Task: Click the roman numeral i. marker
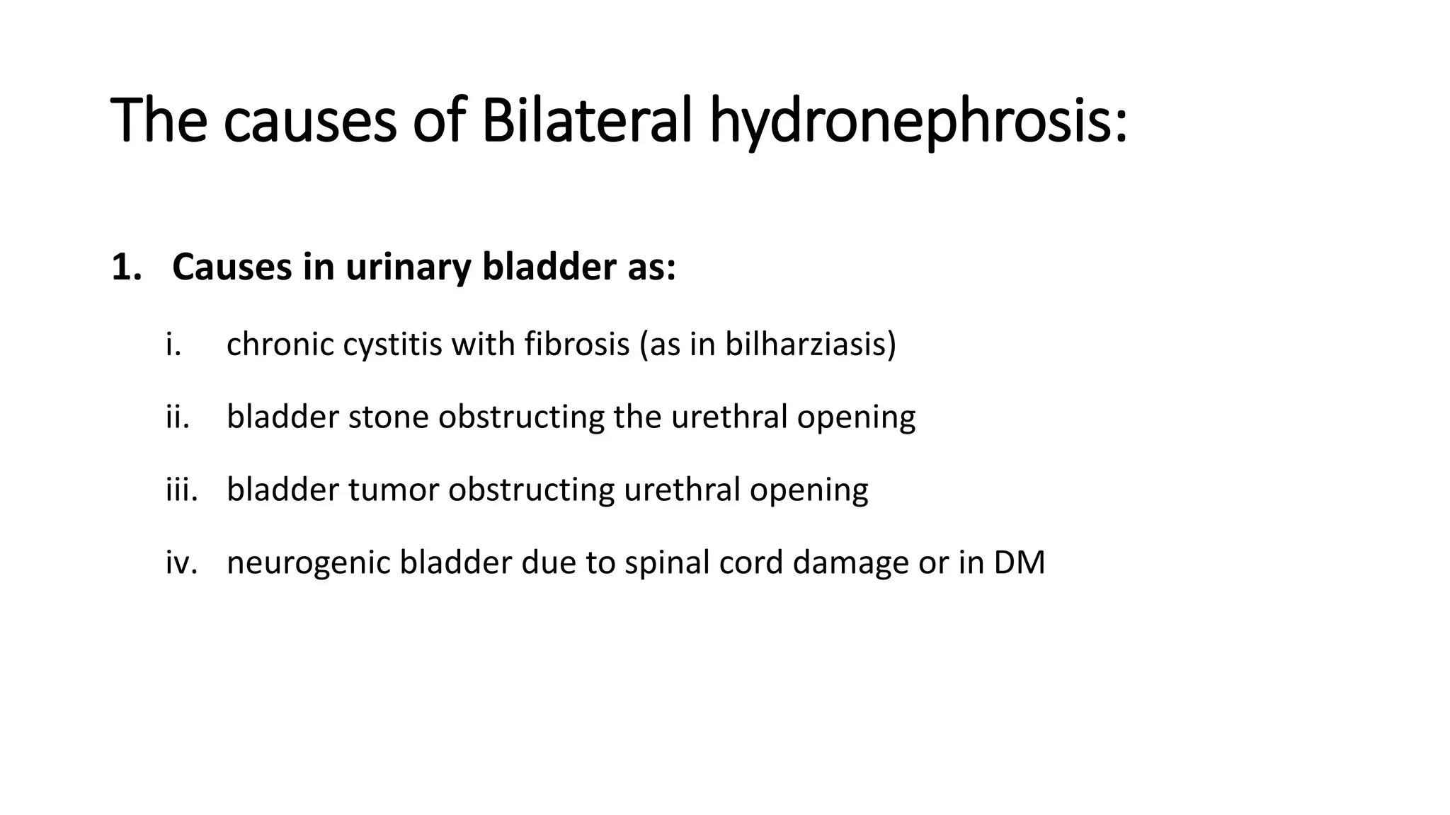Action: point(173,345)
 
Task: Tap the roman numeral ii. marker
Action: point(177,417)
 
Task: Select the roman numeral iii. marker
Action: point(181,490)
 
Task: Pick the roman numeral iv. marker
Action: point(181,562)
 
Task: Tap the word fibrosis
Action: point(577,345)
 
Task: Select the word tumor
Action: point(393,490)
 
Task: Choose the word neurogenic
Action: point(308,562)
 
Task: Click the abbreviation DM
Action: point(1019,562)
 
